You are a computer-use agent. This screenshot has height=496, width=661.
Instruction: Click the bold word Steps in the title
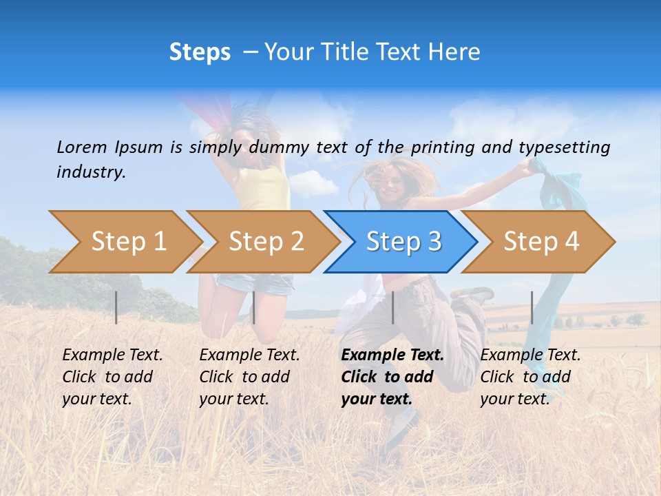pyautogui.click(x=200, y=52)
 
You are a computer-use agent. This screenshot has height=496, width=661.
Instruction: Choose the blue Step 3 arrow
pyautogui.click(x=403, y=242)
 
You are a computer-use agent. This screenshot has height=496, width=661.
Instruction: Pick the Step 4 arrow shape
pyautogui.click(x=541, y=242)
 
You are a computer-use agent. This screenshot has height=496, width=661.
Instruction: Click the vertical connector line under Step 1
pyautogui.click(x=116, y=307)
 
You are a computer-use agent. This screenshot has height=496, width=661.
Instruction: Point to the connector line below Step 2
pyautogui.click(x=254, y=307)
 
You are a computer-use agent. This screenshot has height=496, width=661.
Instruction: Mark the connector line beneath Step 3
pyautogui.click(x=393, y=307)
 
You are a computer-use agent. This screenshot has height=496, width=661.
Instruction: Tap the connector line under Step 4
pyautogui.click(x=532, y=307)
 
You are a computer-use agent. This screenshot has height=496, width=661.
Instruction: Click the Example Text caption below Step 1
pyautogui.click(x=112, y=377)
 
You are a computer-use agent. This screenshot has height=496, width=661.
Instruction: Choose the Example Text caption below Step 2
pyautogui.click(x=249, y=377)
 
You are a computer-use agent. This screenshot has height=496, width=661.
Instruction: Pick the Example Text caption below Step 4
pyautogui.click(x=530, y=377)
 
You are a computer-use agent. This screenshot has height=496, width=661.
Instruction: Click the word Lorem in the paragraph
pyautogui.click(x=82, y=147)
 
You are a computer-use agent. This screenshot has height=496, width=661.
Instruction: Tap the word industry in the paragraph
pyautogui.click(x=91, y=172)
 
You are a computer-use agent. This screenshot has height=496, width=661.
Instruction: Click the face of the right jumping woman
pyautogui.click(x=390, y=183)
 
